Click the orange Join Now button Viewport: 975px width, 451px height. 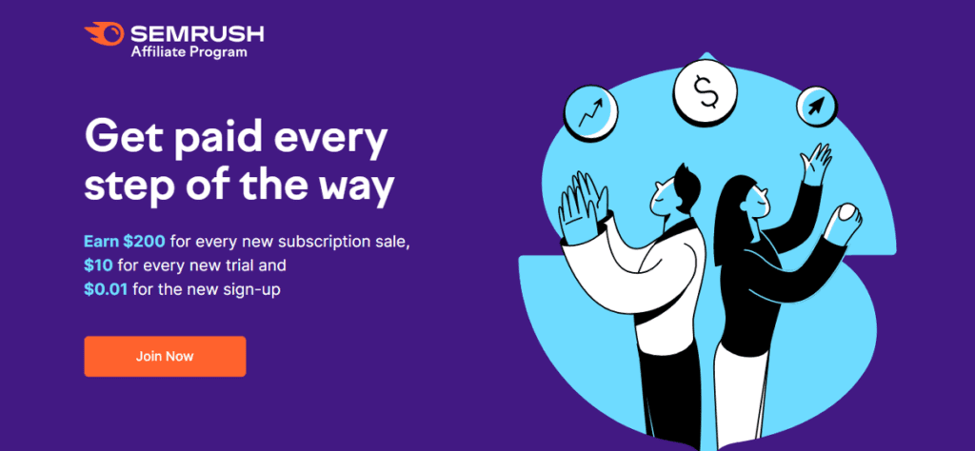(x=165, y=357)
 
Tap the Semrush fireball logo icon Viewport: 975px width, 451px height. (x=105, y=33)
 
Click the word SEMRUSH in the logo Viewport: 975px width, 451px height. (x=197, y=33)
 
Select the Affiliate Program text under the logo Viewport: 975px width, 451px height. (x=189, y=52)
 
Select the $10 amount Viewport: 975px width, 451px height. (x=98, y=265)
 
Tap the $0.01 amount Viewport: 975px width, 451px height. (x=106, y=289)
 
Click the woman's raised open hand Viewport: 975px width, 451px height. (x=815, y=164)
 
